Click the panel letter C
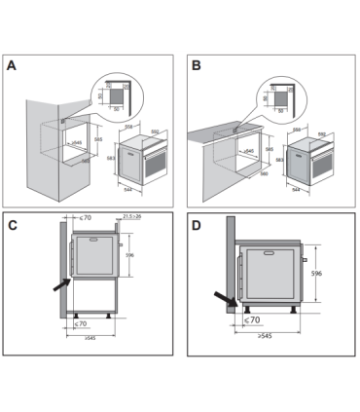[13, 226]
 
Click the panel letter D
[198, 226]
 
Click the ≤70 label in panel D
[250, 318]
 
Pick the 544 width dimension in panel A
[129, 188]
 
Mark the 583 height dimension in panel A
[112, 159]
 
